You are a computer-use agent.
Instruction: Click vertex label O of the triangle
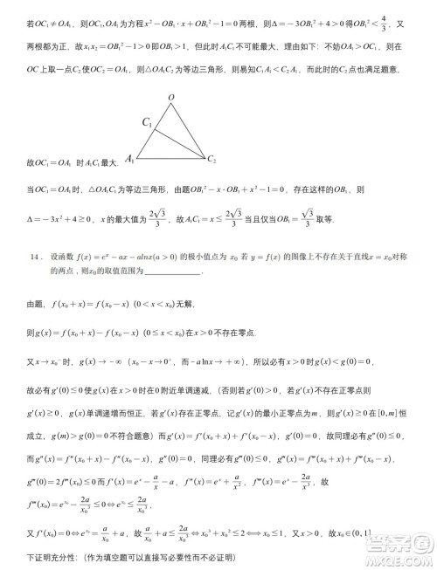[x=171, y=98]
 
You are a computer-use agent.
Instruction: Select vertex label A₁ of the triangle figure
[x=130, y=159]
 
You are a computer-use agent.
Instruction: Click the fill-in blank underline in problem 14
[x=174, y=272]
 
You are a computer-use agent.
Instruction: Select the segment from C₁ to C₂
[x=180, y=142]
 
